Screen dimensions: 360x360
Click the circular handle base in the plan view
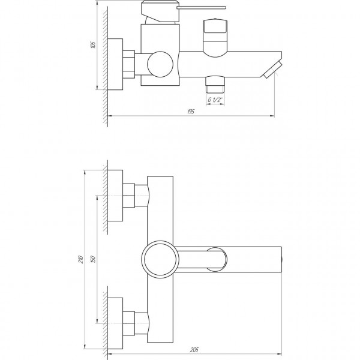point(159,259)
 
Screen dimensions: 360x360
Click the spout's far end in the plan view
point(281,259)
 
